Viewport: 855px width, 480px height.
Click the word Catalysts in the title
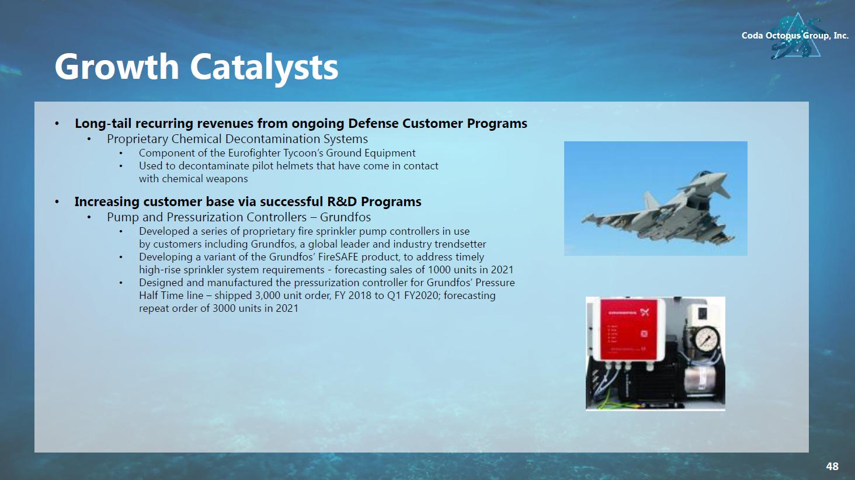(x=264, y=67)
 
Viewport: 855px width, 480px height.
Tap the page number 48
(x=832, y=466)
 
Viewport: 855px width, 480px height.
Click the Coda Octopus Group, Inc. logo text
(x=795, y=36)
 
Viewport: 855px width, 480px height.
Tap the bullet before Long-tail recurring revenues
(x=57, y=124)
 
